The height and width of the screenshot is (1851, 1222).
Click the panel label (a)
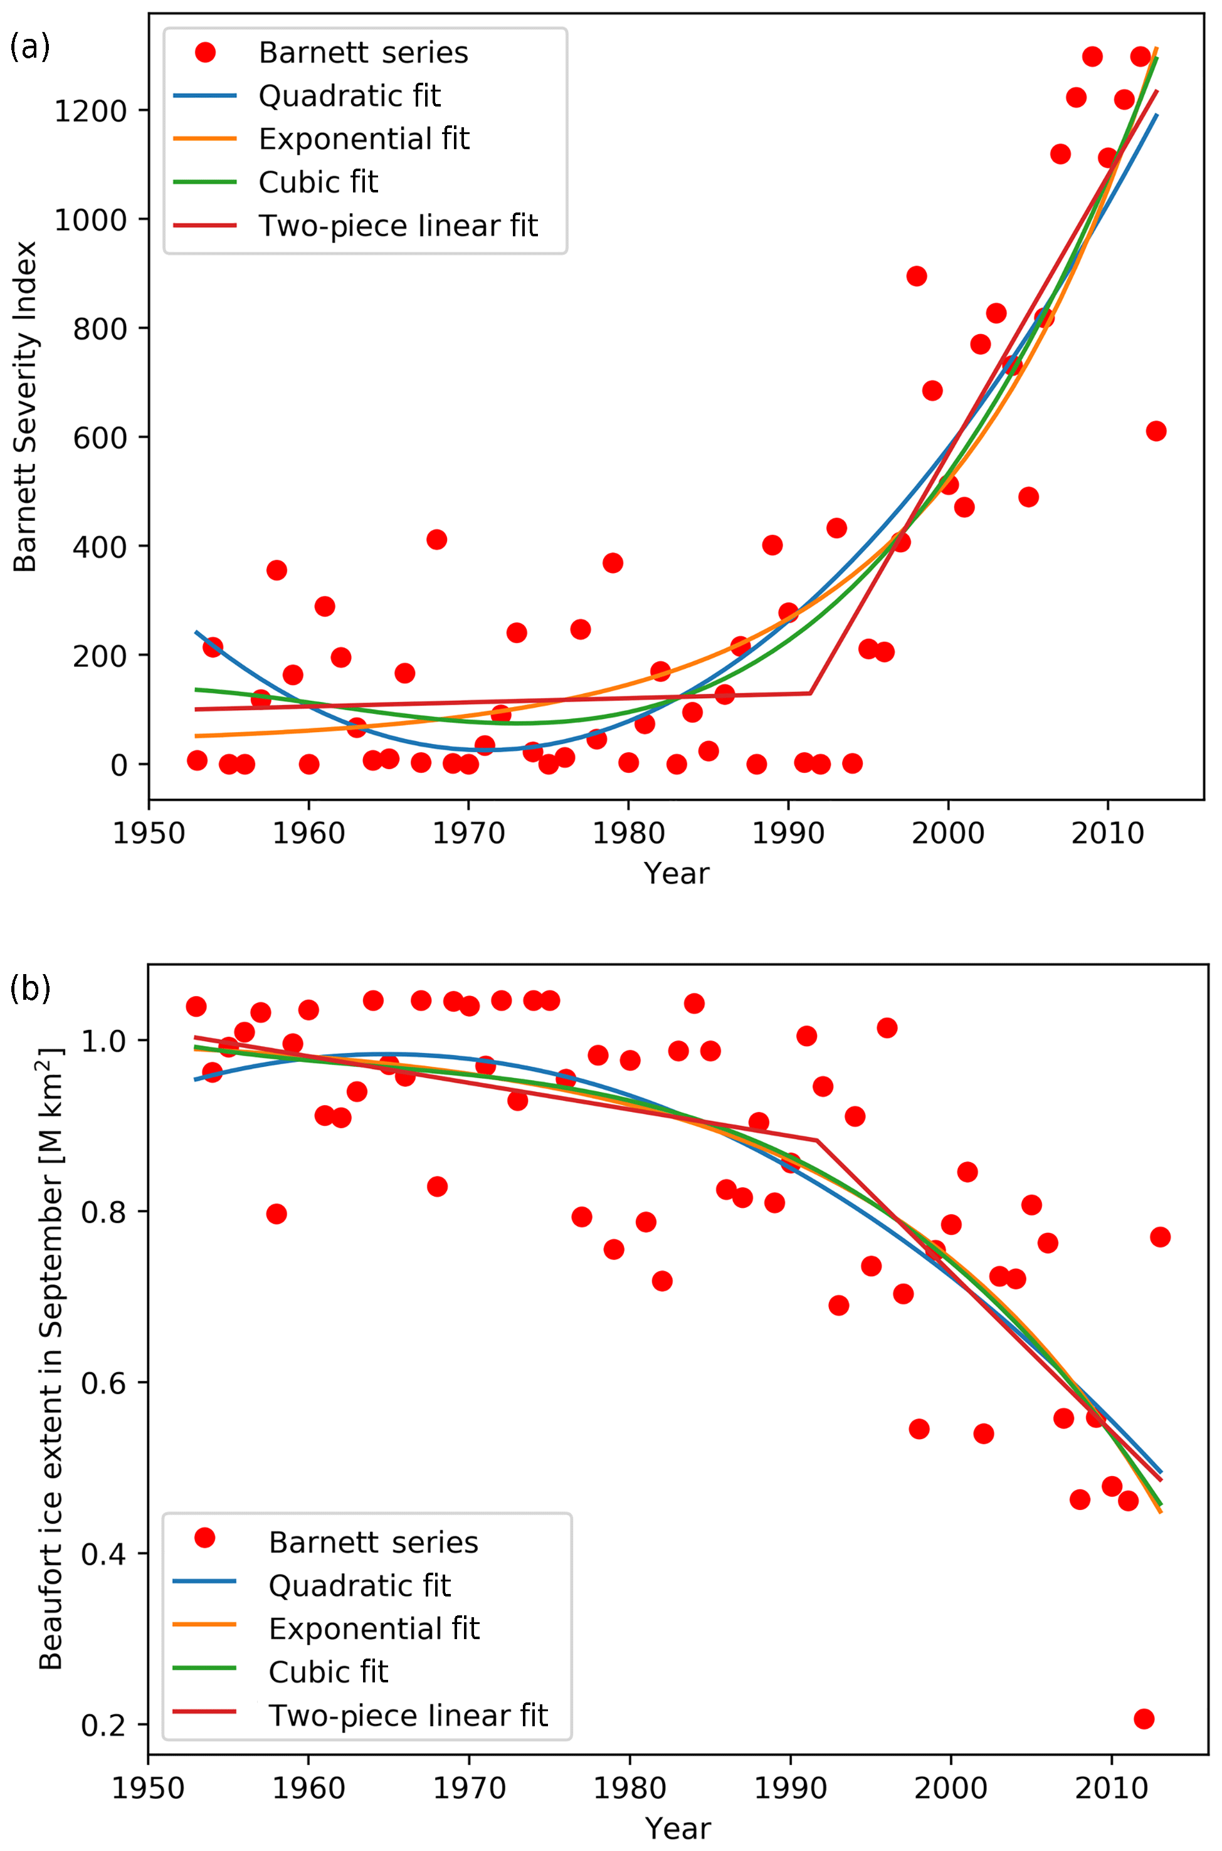point(29,48)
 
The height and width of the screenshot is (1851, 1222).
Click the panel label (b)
point(29,988)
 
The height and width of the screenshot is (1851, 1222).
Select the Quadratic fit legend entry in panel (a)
point(349,96)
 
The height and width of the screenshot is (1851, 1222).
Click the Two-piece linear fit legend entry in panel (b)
point(408,1715)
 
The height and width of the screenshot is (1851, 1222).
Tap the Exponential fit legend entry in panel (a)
point(363,139)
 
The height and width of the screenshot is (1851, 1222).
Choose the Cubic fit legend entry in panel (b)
point(328,1671)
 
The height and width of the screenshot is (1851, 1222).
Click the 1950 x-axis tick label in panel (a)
point(148,834)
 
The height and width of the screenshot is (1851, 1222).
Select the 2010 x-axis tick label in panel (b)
point(1110,1788)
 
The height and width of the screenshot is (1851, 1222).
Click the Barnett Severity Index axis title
point(26,407)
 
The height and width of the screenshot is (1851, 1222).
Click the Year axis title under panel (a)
point(676,874)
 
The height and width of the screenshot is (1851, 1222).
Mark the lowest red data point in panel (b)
point(1143,1719)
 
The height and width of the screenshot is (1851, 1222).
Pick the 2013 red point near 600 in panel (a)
point(1156,431)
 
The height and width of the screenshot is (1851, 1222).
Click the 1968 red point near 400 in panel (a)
point(436,539)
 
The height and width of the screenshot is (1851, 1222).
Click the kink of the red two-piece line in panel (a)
point(811,693)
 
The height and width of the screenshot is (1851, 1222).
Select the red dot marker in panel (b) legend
point(205,1537)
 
